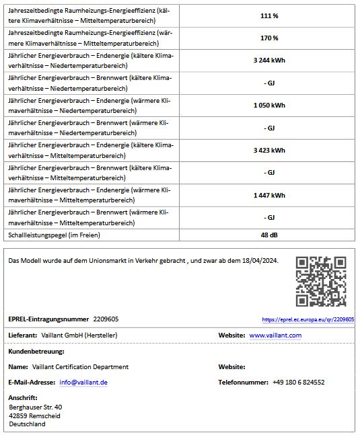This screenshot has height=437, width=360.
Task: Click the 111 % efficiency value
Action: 269,15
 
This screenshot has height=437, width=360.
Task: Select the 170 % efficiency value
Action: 269,38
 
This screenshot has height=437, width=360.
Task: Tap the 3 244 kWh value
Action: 269,61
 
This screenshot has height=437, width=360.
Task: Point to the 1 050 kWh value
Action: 269,106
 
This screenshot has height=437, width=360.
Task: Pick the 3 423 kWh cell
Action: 269,151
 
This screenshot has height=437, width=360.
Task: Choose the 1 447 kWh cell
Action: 269,196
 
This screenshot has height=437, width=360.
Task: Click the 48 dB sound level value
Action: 269,235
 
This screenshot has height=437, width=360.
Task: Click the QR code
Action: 321,281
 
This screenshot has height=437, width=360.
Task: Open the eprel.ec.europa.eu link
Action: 308,319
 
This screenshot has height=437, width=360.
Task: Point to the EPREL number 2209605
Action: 106,319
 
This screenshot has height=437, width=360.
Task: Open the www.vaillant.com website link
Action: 275,335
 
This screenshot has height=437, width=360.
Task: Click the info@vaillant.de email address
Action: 83,383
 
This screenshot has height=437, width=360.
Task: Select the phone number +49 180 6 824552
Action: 298,383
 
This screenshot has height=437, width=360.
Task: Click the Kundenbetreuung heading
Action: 36,352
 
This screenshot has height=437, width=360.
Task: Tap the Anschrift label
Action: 23,397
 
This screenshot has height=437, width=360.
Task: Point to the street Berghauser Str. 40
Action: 36,407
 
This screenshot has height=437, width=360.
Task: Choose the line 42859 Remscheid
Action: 34,415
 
